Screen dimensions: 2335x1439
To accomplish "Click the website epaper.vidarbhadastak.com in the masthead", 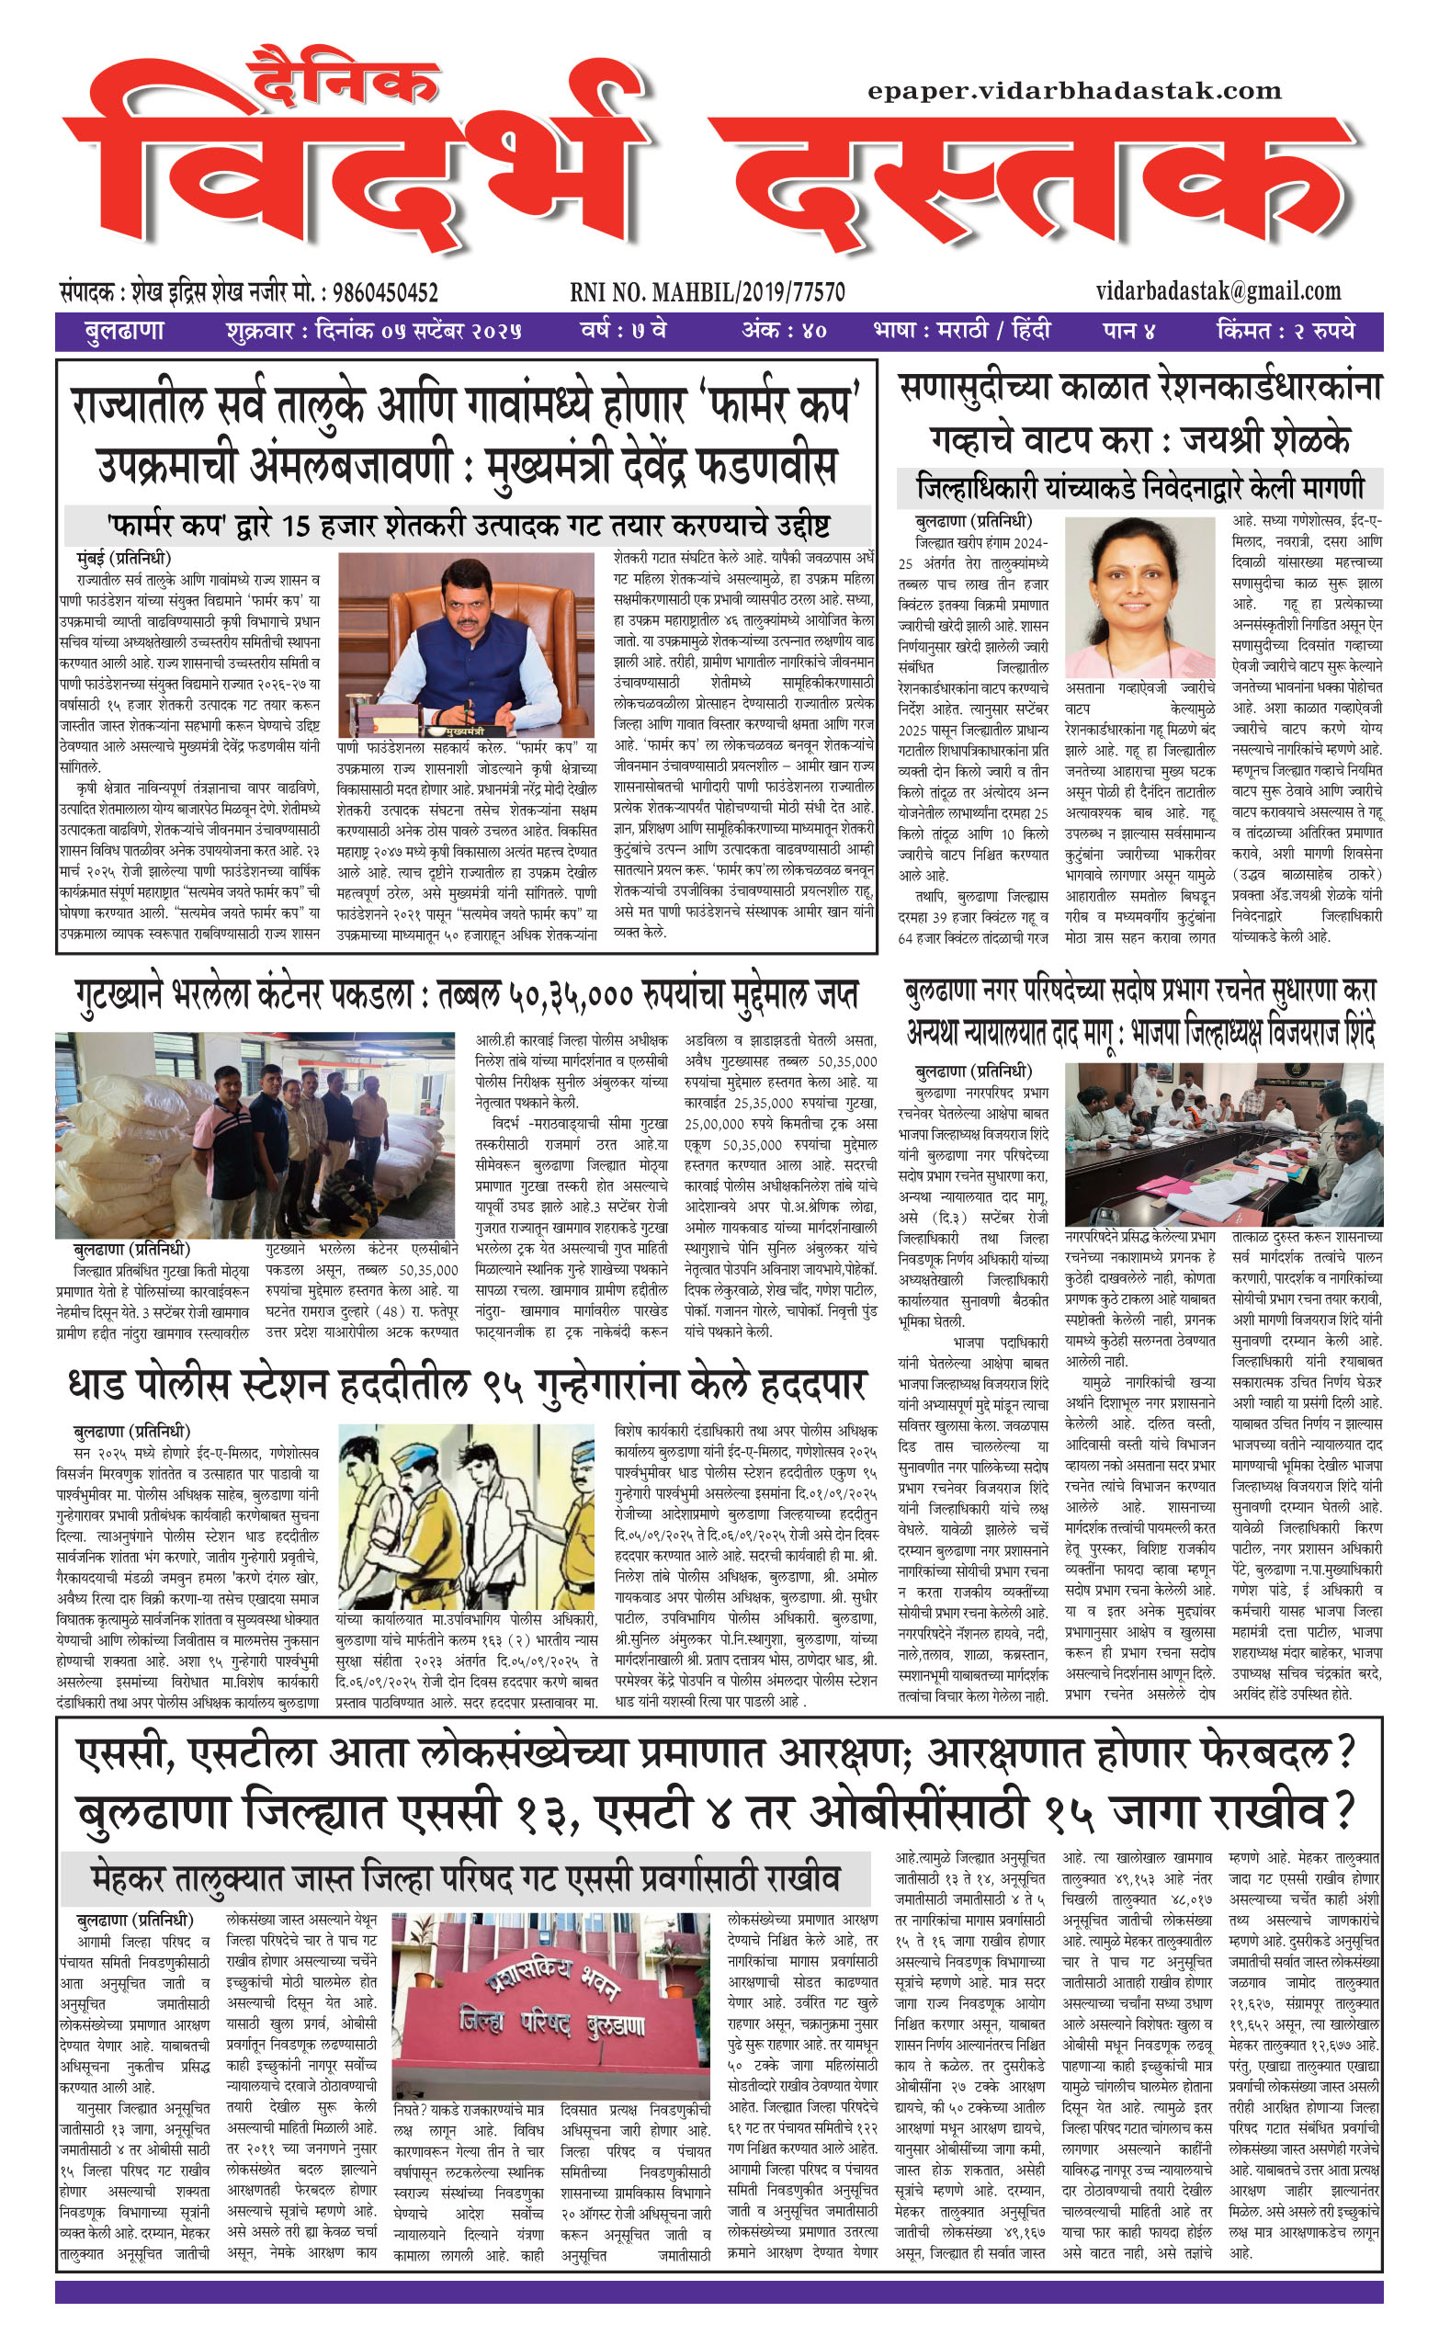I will pyautogui.click(x=1073, y=92).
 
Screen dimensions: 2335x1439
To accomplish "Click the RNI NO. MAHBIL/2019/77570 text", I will pyautogui.click(x=708, y=291).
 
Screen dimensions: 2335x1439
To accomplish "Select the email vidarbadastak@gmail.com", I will pyautogui.click(x=1218, y=291).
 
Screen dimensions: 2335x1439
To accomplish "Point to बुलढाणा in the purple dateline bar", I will pyautogui.click(x=124, y=331).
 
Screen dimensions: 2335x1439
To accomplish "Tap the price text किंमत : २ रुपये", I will pyautogui.click(x=1285, y=331).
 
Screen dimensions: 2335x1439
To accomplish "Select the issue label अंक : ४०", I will pyautogui.click(x=783, y=331).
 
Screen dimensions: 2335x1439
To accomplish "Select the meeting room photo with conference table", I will pyautogui.click(x=1222, y=1145).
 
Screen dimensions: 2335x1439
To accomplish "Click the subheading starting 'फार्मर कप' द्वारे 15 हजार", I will pyautogui.click(x=467, y=525).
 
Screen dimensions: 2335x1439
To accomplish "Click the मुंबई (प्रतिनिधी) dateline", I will pyautogui.click(x=124, y=559).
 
